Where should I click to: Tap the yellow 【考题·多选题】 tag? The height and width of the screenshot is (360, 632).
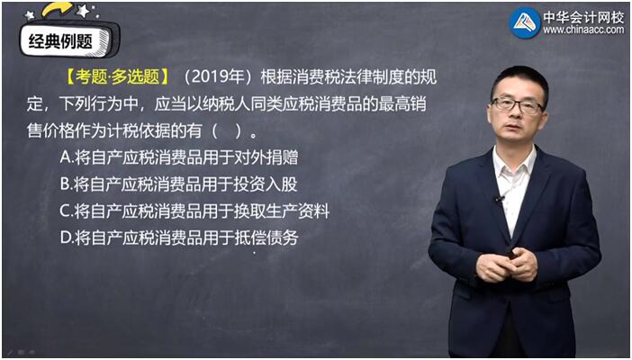pyautogui.click(x=117, y=76)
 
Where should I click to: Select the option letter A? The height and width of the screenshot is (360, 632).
pyautogui.click(x=65, y=157)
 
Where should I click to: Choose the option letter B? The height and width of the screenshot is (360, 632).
pyautogui.click(x=65, y=184)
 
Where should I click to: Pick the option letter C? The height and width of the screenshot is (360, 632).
pyautogui.click(x=65, y=211)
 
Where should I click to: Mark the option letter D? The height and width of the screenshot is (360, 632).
pyautogui.click(x=66, y=238)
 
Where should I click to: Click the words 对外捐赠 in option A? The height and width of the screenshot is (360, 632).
pyautogui.click(x=266, y=157)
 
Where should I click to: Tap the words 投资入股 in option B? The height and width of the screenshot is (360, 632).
pyautogui.click(x=266, y=184)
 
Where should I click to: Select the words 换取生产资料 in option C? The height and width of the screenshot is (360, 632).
pyautogui.click(x=282, y=211)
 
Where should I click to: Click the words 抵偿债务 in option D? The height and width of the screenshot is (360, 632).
pyautogui.click(x=266, y=238)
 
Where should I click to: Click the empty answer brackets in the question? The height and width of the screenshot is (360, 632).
pyautogui.click(x=228, y=130)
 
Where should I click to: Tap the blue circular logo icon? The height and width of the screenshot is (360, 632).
pyautogui.click(x=524, y=23)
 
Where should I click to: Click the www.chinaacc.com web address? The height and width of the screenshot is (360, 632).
pyautogui.click(x=583, y=30)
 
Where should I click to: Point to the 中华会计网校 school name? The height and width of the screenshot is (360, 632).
pyautogui.click(x=583, y=16)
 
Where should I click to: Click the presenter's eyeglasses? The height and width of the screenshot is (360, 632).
pyautogui.click(x=518, y=105)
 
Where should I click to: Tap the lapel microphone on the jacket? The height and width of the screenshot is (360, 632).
pyautogui.click(x=500, y=198)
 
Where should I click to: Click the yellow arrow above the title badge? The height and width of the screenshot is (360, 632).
pyautogui.click(x=58, y=10)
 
